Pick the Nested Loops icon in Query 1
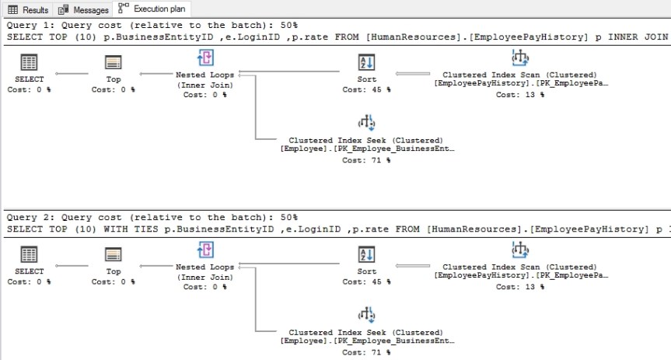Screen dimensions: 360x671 coord(206,58)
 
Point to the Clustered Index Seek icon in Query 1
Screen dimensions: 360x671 coord(366,123)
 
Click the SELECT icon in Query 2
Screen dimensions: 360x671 coord(29,254)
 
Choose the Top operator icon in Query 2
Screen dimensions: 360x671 coord(114,254)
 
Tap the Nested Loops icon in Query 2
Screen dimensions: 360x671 coord(206,250)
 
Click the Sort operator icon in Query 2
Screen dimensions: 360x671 coord(366,254)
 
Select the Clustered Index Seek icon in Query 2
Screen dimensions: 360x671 coord(366,315)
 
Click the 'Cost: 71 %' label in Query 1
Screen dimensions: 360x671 coord(366,161)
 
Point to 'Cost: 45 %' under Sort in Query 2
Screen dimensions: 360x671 coord(366,281)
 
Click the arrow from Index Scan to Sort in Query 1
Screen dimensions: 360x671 coord(416,74)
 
